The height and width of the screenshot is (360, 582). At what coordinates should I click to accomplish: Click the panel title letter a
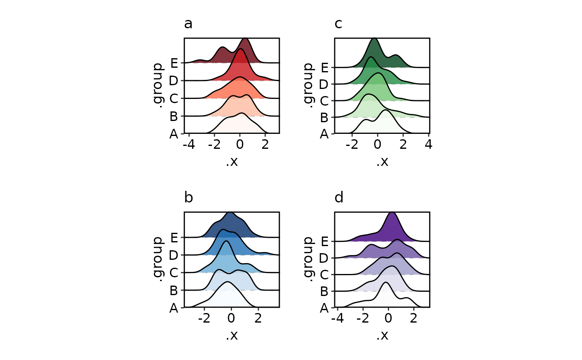pyautogui.click(x=188, y=24)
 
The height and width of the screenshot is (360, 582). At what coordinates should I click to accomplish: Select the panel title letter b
pyautogui.click(x=188, y=198)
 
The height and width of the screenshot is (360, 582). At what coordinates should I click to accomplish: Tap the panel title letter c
pyautogui.click(x=338, y=24)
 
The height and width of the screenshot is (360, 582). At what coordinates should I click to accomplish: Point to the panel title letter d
pyautogui.click(x=339, y=198)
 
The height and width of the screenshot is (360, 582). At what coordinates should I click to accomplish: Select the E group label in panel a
pyautogui.click(x=174, y=63)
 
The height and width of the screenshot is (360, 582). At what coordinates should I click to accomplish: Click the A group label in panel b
pyautogui.click(x=174, y=308)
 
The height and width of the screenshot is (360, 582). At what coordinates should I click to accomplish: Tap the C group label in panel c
pyautogui.click(x=324, y=101)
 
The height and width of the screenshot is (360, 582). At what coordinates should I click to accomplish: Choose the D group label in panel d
pyautogui.click(x=324, y=258)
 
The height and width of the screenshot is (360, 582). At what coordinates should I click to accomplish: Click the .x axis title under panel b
pyautogui.click(x=232, y=335)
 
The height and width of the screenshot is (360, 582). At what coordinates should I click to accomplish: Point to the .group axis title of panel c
pyautogui.click(x=308, y=86)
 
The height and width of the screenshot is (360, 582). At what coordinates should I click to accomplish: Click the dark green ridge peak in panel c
pyautogui.click(x=375, y=39)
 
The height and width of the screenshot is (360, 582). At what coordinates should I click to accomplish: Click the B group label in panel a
pyautogui.click(x=174, y=116)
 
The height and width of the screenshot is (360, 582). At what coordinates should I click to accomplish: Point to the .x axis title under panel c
pyautogui.click(x=382, y=161)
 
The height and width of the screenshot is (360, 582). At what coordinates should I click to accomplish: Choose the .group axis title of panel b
pyautogui.click(x=158, y=260)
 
